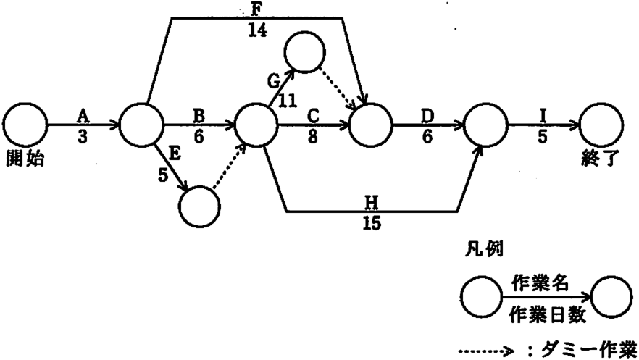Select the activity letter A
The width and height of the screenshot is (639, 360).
[83, 117]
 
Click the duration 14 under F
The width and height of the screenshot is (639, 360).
[258, 30]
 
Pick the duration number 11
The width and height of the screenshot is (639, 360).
[288, 101]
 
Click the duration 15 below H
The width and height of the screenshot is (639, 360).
[372, 223]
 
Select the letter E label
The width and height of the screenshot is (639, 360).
[175, 155]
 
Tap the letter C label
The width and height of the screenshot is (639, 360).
[313, 117]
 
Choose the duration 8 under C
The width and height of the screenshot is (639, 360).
[312, 137]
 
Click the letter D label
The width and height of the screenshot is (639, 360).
[427, 117]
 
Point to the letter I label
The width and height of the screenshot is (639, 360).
[543, 117]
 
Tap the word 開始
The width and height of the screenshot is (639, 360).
[25, 158]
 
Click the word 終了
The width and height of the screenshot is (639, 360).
[601, 158]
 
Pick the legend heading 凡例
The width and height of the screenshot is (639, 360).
[484, 249]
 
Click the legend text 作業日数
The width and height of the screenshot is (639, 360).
[548, 315]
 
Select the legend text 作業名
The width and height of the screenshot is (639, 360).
[540, 282]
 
